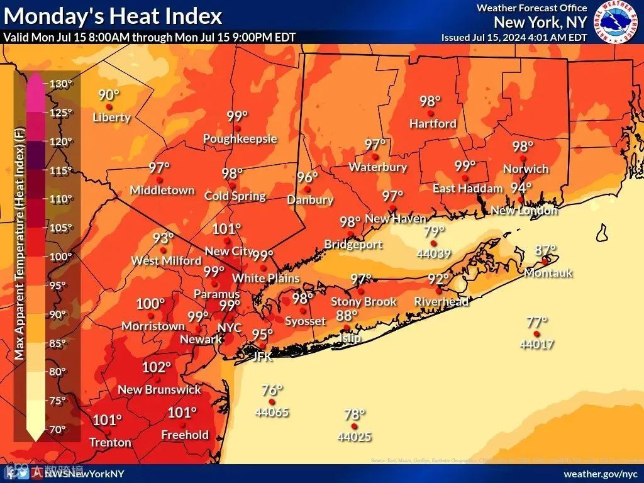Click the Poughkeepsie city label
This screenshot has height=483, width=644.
click(240, 139)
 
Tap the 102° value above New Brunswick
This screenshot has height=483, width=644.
click(157, 367)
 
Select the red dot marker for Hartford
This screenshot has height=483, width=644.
click(431, 113)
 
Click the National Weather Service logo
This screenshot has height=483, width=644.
click(617, 23)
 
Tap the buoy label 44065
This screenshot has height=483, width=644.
click(272, 413)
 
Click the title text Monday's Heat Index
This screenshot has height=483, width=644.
click(113, 15)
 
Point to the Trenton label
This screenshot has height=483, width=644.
click(110, 442)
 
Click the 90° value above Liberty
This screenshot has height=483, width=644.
click(109, 95)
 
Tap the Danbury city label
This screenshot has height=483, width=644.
click(309, 200)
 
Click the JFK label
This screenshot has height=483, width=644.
click(262, 356)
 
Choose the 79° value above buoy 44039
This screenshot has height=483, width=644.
click(434, 231)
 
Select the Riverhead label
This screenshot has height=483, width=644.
click(441, 302)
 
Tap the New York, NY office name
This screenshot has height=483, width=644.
click(540, 22)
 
